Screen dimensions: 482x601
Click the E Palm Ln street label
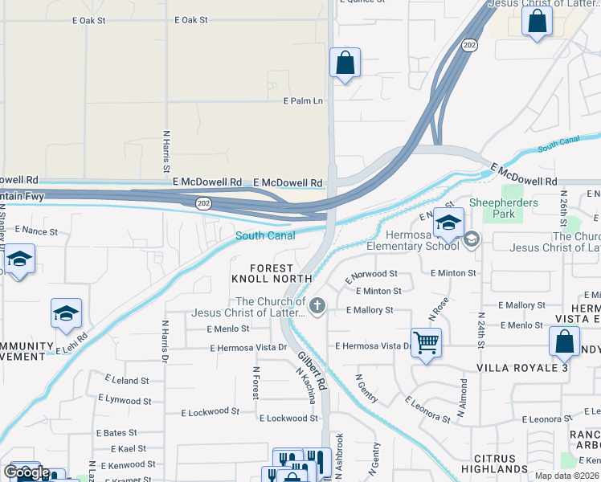click(x=302, y=101)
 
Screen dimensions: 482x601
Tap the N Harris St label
click(x=166, y=151)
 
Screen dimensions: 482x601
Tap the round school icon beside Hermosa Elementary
click(x=472, y=239)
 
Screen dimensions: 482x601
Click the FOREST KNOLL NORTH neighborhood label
click(x=271, y=273)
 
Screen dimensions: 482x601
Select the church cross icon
click(x=318, y=305)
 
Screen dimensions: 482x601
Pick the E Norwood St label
click(x=371, y=274)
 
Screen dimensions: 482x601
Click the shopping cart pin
click(x=426, y=343)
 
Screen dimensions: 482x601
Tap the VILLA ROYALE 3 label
click(x=528, y=367)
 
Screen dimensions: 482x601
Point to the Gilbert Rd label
click(x=312, y=371)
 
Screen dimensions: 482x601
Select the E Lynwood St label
click(x=125, y=399)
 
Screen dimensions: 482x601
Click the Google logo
click(x=26, y=472)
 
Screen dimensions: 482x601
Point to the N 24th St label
click(x=481, y=330)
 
